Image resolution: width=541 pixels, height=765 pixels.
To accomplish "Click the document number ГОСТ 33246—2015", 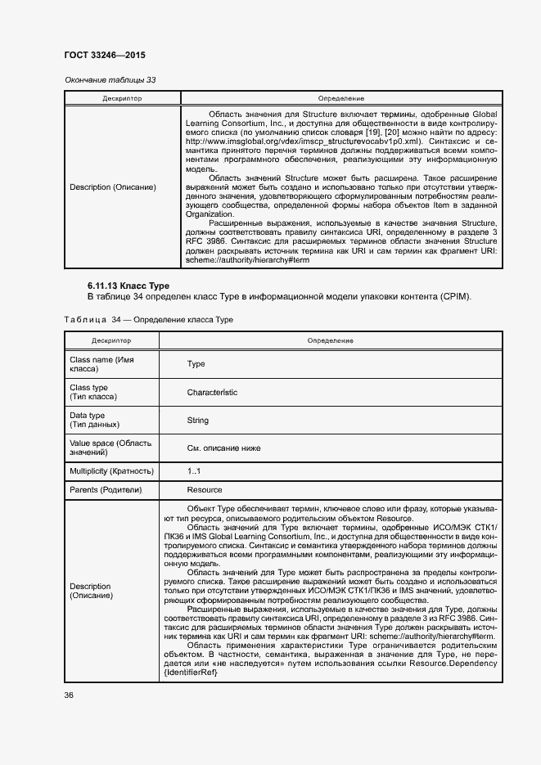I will (x=105, y=56).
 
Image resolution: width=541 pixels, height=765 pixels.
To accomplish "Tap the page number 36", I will (x=70, y=695).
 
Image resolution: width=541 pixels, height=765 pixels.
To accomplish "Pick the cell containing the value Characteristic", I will (x=212, y=393).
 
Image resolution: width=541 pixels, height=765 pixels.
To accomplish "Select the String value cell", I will (x=198, y=421).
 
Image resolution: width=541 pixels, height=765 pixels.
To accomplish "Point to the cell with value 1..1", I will (x=194, y=471).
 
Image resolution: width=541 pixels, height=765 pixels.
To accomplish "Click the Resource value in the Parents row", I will (x=205, y=490).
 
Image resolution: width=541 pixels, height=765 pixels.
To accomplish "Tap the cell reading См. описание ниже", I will (x=223, y=448).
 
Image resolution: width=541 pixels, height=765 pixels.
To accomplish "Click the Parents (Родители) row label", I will (x=106, y=490).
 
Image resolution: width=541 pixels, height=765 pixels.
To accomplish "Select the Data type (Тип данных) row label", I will (x=95, y=421).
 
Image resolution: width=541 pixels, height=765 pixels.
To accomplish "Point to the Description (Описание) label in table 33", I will (x=113, y=187).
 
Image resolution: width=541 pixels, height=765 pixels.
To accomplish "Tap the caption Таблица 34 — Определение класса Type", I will (x=142, y=319).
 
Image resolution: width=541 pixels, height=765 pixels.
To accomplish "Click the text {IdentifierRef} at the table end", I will (x=191, y=673).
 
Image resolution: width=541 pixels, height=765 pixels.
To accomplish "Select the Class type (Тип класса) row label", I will (x=93, y=393).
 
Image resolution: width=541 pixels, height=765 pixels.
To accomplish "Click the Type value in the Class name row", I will (x=196, y=364).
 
